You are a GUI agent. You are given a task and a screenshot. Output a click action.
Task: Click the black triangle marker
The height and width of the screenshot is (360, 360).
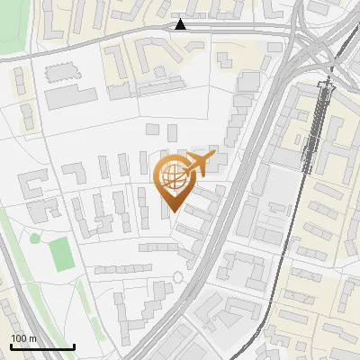(182, 24)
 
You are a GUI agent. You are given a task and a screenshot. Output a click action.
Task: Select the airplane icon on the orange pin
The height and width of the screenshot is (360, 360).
(195, 166)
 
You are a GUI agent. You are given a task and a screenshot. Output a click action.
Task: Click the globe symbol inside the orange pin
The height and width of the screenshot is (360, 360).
(172, 181)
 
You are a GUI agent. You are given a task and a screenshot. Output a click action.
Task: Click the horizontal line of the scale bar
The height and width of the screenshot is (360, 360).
(41, 346)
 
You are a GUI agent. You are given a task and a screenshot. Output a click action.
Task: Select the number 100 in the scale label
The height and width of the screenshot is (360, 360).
(18, 338)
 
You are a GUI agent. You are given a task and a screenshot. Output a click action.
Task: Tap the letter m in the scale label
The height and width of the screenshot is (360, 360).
(31, 338)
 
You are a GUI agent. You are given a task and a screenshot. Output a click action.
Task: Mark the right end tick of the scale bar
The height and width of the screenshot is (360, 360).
(74, 345)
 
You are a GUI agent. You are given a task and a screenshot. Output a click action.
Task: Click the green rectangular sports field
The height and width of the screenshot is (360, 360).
(61, 253)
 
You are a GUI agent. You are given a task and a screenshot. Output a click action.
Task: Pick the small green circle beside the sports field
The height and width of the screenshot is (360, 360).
(35, 239)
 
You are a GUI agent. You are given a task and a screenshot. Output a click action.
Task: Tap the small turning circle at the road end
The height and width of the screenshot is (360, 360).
(177, 275)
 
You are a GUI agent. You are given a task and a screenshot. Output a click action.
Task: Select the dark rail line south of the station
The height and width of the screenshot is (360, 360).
(297, 234)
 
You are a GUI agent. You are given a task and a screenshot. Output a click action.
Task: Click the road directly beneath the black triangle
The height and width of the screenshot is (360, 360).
(182, 31)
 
